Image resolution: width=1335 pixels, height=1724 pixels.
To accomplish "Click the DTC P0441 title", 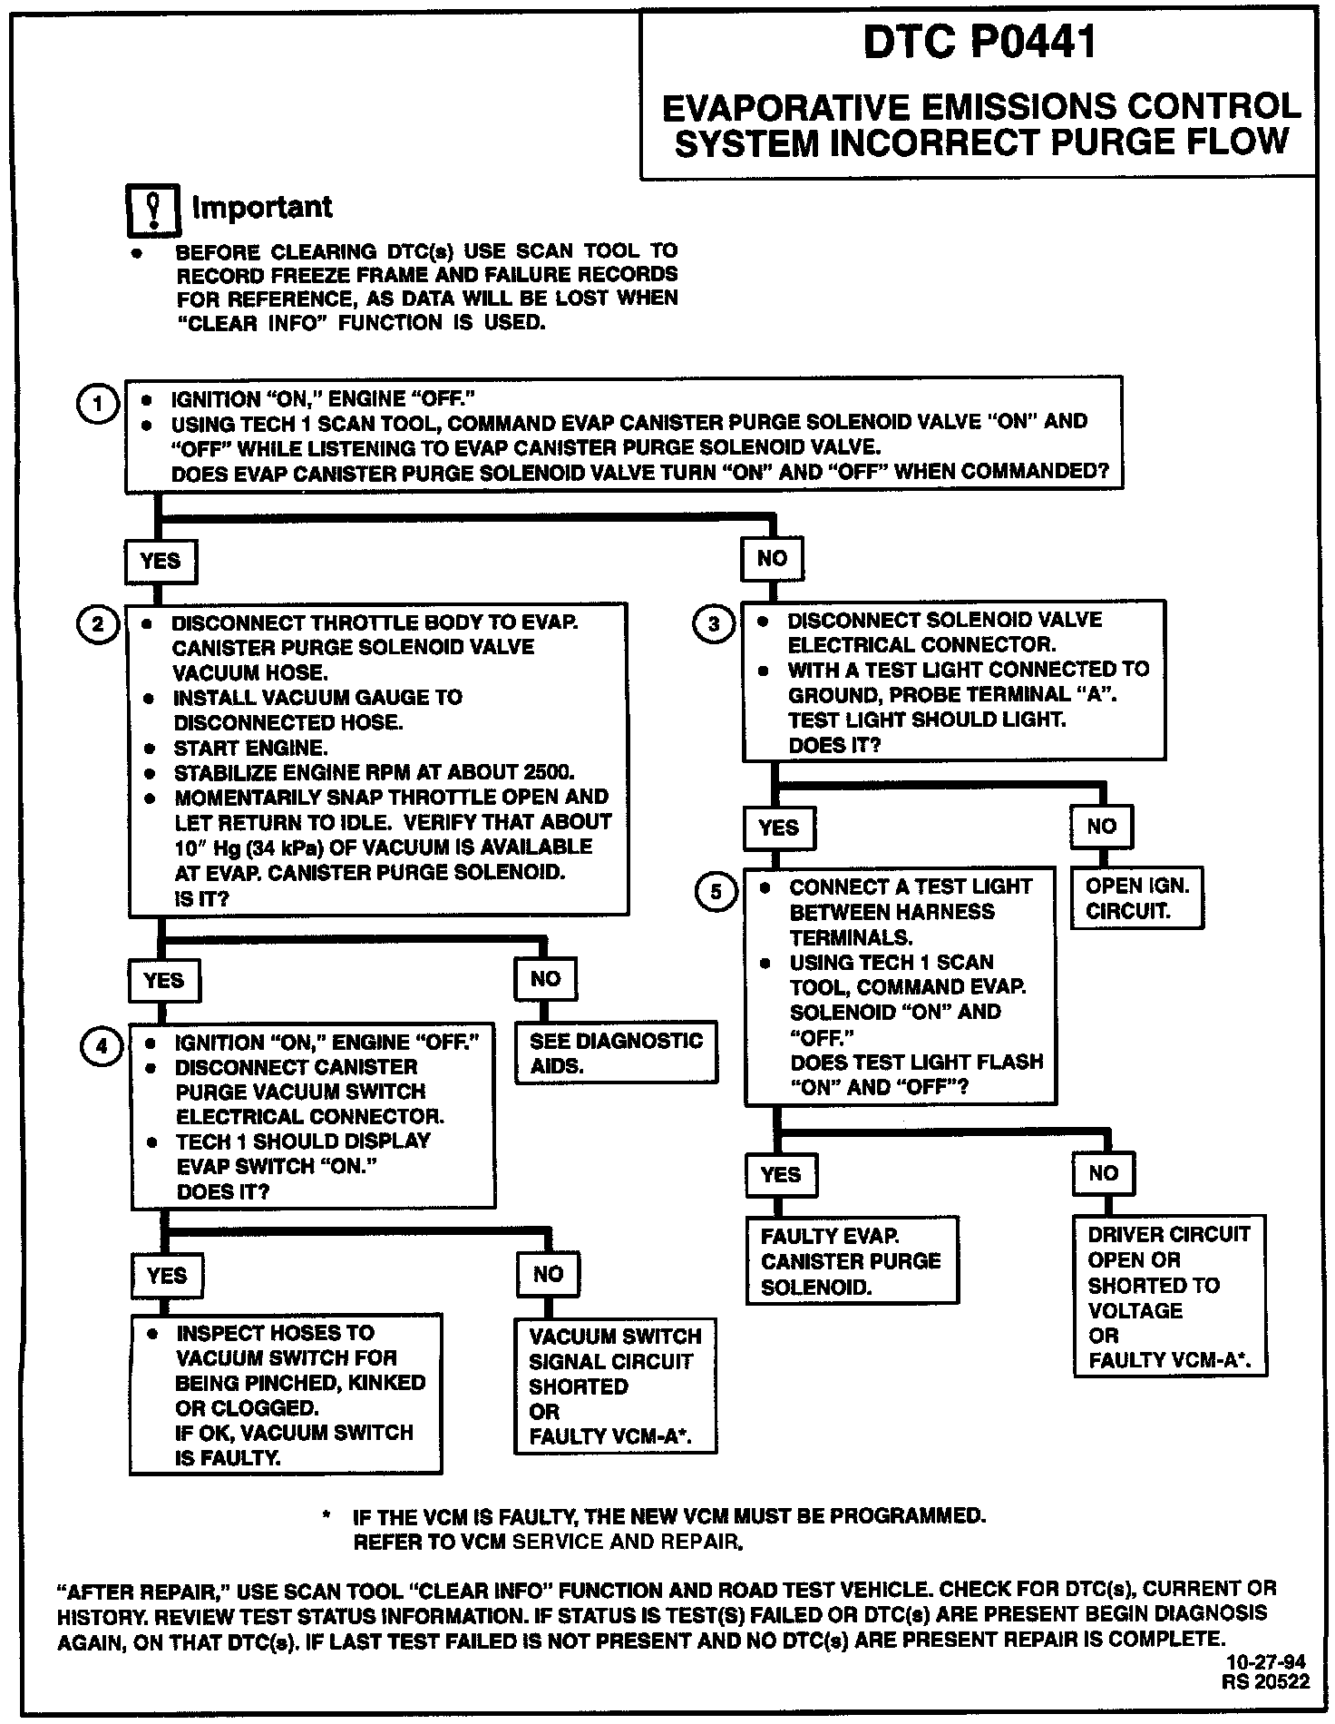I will coord(979,43).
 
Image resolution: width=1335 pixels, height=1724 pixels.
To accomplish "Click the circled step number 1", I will coord(97,404).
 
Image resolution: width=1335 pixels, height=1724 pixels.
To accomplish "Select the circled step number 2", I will coord(97,624).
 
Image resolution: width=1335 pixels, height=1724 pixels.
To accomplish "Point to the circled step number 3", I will coord(714,623).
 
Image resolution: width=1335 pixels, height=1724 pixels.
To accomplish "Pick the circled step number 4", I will coord(101,1046).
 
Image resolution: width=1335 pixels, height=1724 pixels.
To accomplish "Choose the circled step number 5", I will coord(716,892).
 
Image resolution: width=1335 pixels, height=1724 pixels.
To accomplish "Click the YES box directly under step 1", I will coord(161,561).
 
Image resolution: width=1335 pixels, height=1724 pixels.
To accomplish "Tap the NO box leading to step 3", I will coord(772,558).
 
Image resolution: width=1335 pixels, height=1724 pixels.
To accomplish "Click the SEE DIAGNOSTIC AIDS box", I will coord(616,1053).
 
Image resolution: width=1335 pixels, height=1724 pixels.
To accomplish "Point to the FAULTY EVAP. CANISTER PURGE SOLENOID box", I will coord(851,1261).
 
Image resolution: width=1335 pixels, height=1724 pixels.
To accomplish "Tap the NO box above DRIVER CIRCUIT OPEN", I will coord(1103,1173).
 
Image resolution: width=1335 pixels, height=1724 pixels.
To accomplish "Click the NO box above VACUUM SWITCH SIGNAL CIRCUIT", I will coord(548,1274).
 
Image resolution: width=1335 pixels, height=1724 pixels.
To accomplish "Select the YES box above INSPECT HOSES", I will coord(167,1276).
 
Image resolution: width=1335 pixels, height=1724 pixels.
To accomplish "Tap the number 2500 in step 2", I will coord(548,773).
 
